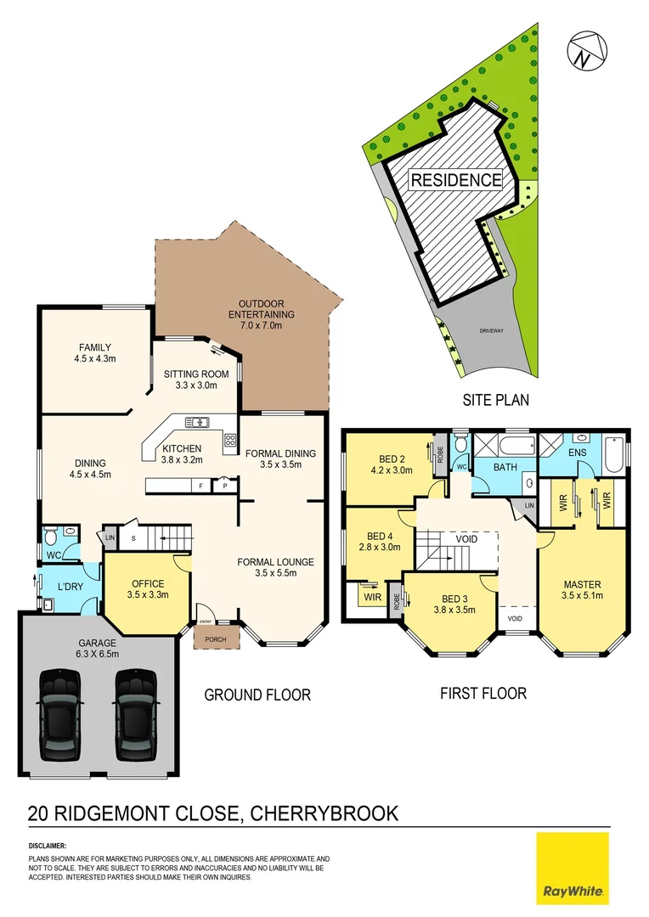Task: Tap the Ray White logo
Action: [x=573, y=868]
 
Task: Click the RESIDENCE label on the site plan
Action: [x=456, y=180]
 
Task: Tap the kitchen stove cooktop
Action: [x=230, y=439]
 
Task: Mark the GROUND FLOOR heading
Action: [x=257, y=695]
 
